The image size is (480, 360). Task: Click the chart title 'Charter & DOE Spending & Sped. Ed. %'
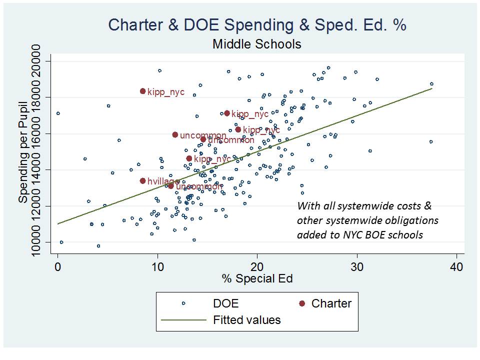(x=257, y=25)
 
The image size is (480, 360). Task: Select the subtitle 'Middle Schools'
(x=257, y=44)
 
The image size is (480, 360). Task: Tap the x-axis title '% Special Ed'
(x=257, y=278)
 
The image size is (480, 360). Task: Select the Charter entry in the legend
(x=331, y=303)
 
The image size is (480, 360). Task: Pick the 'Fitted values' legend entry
(x=247, y=319)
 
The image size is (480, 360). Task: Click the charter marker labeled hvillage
(x=142, y=181)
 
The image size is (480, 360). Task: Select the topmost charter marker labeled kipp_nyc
(x=142, y=91)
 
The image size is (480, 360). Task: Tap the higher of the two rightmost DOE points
(x=431, y=84)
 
